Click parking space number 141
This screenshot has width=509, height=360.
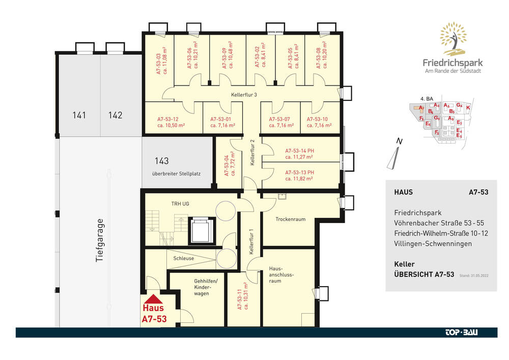(x=79, y=115)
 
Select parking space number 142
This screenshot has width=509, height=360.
(x=115, y=115)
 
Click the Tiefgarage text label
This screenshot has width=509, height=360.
(x=100, y=240)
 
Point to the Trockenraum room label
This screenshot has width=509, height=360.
(x=290, y=219)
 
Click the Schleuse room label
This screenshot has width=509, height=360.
(x=183, y=258)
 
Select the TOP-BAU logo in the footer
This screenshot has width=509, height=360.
(x=462, y=333)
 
